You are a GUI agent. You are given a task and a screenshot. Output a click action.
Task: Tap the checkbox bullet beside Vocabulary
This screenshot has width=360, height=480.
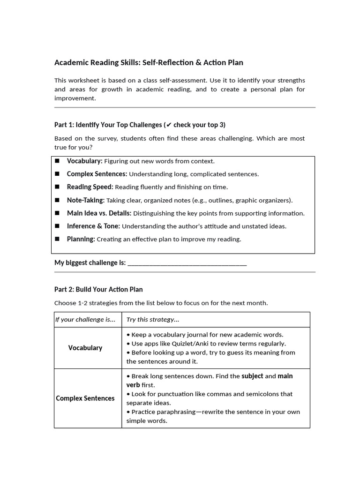[x=57, y=161]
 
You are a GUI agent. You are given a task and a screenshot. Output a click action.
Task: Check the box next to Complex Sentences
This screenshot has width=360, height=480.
[x=57, y=174]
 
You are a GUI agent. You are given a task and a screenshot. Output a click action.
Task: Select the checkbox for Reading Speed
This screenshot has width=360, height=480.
[x=57, y=187]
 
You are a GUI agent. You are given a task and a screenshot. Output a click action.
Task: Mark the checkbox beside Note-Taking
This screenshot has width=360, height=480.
[x=57, y=200]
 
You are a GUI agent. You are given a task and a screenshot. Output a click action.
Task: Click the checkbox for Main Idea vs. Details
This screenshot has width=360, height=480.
[x=57, y=213]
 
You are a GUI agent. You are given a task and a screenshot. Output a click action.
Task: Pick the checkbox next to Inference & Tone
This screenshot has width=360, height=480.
[x=57, y=226]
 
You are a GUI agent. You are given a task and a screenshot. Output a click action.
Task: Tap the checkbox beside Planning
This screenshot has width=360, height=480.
[x=57, y=239]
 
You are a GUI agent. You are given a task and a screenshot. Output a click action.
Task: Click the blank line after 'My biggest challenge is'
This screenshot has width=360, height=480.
[x=187, y=263]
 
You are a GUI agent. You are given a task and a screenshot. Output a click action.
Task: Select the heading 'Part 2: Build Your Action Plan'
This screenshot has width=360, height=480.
[x=98, y=289]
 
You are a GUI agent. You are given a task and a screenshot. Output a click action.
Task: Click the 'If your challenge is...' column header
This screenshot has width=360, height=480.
[x=85, y=320]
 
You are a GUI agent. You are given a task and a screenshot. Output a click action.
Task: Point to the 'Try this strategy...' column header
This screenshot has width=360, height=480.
[x=153, y=320]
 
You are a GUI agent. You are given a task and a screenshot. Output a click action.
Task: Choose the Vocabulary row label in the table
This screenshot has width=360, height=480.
[x=85, y=348]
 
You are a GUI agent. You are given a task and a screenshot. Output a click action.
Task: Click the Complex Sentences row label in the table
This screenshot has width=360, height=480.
[x=85, y=398]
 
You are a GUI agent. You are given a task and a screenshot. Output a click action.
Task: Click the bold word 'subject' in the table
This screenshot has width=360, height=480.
[x=252, y=376]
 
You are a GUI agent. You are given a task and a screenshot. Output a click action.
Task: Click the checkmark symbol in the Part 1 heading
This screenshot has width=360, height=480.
[x=169, y=125]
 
